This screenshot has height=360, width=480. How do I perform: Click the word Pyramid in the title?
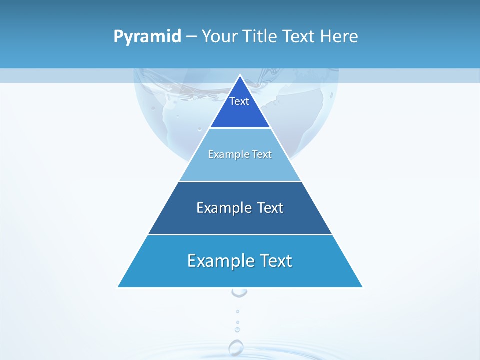[x=147, y=36]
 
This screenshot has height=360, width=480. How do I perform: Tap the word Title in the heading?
[x=259, y=36]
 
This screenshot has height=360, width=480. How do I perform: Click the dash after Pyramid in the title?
[x=191, y=37]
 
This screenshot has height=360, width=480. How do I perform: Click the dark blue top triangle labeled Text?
[x=240, y=107]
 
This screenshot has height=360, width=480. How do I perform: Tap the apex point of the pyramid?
[x=240, y=76]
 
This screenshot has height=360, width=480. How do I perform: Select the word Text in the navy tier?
[x=270, y=208]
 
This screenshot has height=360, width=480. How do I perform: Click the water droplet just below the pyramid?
[x=239, y=292]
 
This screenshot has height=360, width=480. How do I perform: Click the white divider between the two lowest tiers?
[x=240, y=234]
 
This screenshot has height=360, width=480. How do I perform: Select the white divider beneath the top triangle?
[x=240, y=128]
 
